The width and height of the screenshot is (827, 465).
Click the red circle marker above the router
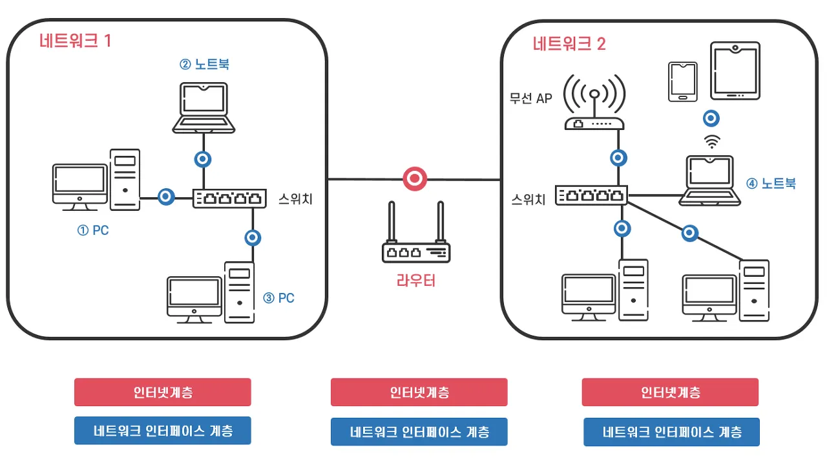tap(415, 178)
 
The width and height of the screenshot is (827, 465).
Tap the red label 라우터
tap(415, 280)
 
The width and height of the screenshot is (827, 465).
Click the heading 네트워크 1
tap(76, 41)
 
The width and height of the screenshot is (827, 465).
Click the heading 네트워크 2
tap(569, 44)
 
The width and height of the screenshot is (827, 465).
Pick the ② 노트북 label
tap(204, 64)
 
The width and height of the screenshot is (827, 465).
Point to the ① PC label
tap(93, 230)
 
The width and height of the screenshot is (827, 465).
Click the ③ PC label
tap(278, 298)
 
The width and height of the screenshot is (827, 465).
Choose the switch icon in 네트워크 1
tap(229, 198)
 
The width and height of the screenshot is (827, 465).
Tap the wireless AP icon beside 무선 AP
tap(594, 103)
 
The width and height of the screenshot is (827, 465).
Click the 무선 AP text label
tap(531, 99)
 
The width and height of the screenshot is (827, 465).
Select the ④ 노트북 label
tap(771, 184)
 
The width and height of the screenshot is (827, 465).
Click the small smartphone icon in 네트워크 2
tap(682, 82)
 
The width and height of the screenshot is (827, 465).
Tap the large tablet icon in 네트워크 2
tap(735, 71)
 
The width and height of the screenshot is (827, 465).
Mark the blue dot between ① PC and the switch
tap(167, 197)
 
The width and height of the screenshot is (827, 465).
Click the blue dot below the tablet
tap(711, 118)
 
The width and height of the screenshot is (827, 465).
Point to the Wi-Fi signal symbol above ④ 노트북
tap(711, 141)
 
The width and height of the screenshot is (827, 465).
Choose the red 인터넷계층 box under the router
tap(419, 392)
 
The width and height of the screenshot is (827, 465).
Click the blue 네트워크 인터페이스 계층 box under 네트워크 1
tap(163, 431)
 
